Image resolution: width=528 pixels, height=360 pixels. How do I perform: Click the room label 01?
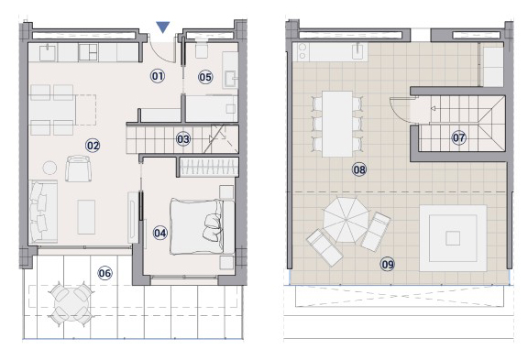158,76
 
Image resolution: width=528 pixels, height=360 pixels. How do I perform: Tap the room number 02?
93,146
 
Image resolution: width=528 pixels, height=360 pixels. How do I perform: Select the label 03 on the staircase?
183,138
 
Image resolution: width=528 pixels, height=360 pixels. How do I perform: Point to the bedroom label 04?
159,233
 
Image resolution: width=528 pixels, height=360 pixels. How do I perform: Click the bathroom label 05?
205,77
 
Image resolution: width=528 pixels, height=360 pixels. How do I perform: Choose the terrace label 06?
104,273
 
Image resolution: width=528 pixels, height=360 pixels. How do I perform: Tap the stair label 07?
458,137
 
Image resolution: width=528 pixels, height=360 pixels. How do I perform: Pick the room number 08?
359,169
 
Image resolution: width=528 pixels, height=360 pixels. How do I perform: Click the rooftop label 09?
388,264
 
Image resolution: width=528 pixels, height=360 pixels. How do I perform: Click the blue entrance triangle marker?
163,27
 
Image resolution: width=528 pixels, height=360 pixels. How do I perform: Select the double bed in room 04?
202,226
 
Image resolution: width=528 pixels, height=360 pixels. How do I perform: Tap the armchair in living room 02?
78,169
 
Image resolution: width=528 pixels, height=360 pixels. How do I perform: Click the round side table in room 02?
49,168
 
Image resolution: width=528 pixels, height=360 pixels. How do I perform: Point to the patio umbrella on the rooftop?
346,220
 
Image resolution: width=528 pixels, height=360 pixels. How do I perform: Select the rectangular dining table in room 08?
337,124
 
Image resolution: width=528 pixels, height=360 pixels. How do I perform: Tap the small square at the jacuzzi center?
453,238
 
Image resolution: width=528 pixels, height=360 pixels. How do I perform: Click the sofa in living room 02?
43,212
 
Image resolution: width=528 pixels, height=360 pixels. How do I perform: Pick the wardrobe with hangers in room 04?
209,167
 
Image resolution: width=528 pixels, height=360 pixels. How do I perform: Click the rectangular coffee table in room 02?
86,217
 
